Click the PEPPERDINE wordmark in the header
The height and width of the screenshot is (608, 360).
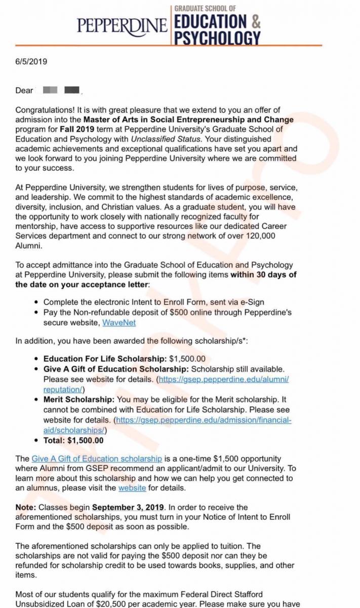[x=122, y=25]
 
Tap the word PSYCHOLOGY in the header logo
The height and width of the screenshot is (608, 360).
[x=218, y=37]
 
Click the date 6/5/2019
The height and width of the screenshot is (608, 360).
[x=31, y=62]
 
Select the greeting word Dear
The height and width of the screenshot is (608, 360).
[x=24, y=90]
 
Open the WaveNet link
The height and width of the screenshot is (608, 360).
[x=119, y=322]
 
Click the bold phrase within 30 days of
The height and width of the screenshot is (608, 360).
[x=263, y=275]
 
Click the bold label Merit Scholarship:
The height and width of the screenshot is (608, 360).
[x=79, y=400]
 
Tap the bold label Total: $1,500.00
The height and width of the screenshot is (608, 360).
[x=73, y=440]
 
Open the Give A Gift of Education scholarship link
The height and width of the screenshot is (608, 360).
[x=97, y=459]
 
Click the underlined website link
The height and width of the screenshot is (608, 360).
[x=132, y=488]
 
